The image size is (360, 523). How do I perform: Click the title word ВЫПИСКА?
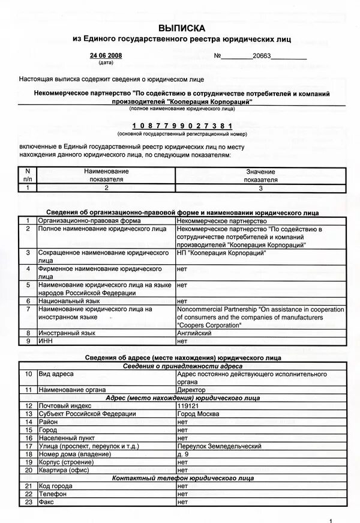click(x=181, y=28)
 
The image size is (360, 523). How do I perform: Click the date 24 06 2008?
click(x=106, y=56)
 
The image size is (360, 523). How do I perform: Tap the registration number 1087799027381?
click(x=181, y=125)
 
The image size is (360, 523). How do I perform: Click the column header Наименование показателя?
click(x=106, y=175)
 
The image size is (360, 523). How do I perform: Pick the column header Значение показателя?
click(x=260, y=175)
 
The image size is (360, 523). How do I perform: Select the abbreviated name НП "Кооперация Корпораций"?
click(x=221, y=253)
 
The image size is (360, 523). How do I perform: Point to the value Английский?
click(x=194, y=332)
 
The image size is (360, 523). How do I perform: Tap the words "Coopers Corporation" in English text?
click(x=209, y=325)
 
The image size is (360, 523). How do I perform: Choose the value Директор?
click(x=191, y=390)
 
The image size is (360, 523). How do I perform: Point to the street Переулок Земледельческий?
click(x=219, y=446)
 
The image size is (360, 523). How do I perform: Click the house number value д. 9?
click(x=184, y=454)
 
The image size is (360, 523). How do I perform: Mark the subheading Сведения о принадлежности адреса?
click(x=182, y=366)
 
